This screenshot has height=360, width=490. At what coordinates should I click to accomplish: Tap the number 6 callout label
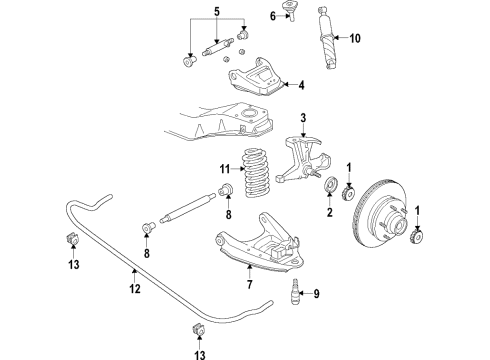[272, 14]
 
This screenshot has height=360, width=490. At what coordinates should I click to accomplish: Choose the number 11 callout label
[224, 168]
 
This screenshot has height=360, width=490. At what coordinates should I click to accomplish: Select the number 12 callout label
[135, 289]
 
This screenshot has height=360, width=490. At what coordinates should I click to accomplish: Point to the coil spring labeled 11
[258, 181]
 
